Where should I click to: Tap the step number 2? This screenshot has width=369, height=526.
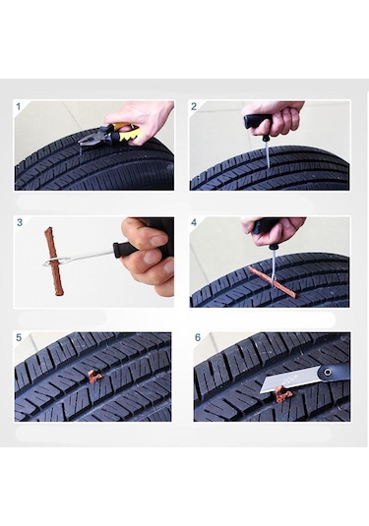coord(194,106)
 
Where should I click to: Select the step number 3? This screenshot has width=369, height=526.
coord(19,222)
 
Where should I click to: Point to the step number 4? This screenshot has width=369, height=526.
coord(194,222)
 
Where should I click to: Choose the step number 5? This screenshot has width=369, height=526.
coord(19,337)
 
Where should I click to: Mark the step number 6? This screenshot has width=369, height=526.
coord(197,337)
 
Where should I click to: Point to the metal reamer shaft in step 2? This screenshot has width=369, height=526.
coord(267,152)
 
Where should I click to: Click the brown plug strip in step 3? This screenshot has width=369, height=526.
coord(52,262)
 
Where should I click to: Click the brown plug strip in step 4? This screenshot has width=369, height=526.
coord(272,280)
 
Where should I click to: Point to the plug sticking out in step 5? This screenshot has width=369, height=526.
coord(93,376)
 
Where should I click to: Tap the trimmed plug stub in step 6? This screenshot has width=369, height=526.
coord(283,395)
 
